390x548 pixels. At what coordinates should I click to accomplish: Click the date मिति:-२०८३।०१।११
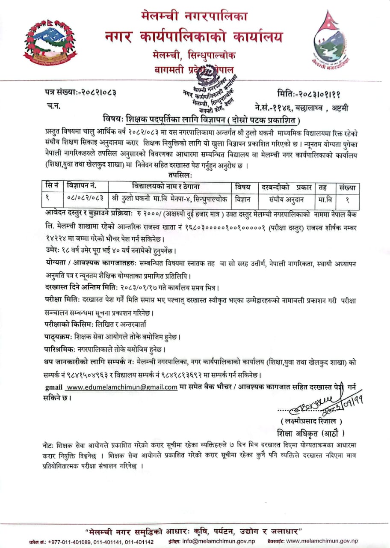click(309, 91)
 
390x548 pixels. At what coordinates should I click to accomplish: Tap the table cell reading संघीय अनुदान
click(286, 199)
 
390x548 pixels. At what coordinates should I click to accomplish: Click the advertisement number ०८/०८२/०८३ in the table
click(86, 199)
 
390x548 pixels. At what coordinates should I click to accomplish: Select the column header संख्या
click(347, 187)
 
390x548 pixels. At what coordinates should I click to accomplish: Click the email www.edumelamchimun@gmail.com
click(122, 387)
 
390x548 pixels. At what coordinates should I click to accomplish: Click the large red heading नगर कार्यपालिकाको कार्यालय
click(194, 37)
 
